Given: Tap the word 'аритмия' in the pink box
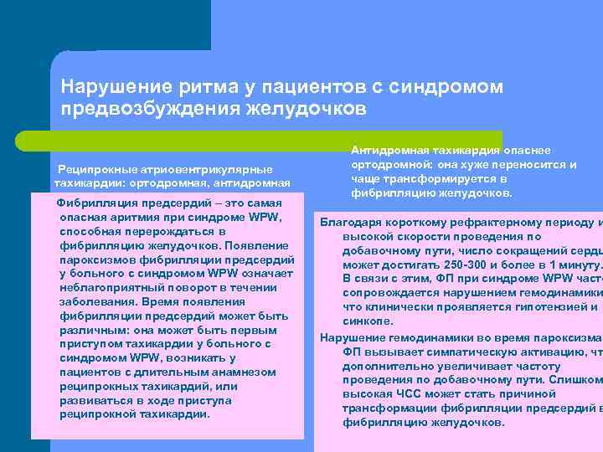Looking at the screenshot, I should (x=143, y=218).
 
